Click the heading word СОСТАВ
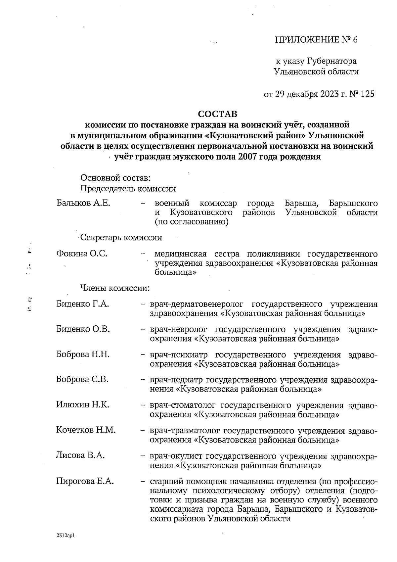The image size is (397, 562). [217, 114]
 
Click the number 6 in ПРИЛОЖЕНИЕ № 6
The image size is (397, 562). [355, 40]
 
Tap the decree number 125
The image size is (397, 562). [368, 94]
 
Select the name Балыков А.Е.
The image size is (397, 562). [83, 203]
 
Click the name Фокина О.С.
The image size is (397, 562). [82, 254]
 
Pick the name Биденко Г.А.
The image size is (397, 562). [83, 304]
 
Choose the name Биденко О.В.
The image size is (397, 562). [83, 329]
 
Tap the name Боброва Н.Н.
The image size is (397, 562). [83, 354]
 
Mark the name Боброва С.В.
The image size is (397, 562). [82, 380]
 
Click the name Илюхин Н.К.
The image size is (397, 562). [83, 405]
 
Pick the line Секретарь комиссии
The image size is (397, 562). [121, 238]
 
